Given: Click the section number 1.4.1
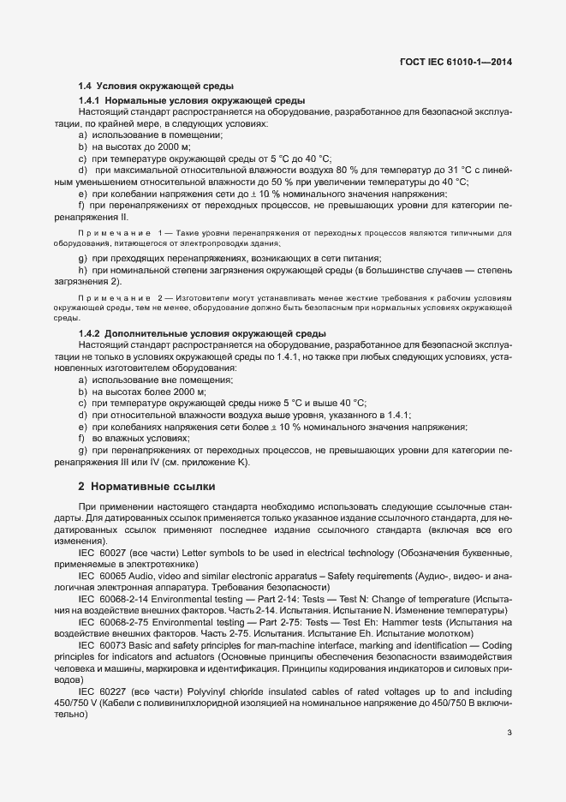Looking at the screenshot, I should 90,101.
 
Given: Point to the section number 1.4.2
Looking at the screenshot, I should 90,333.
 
